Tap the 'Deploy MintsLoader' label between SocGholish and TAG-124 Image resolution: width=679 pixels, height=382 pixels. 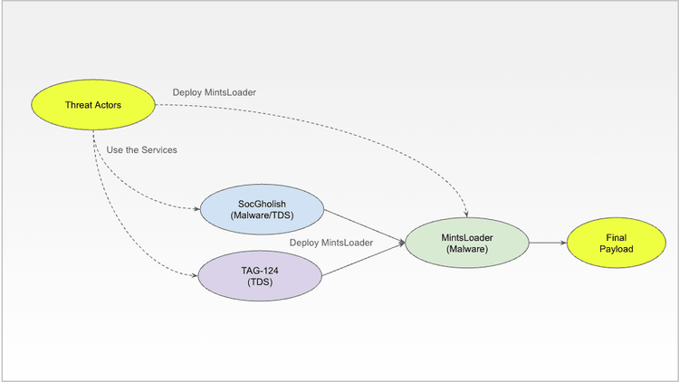[x=330, y=243]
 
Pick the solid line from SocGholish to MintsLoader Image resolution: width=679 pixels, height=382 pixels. [x=362, y=225]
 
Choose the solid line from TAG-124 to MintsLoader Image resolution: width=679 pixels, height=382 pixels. [x=362, y=260]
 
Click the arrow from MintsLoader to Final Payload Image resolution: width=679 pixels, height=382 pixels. [x=548, y=243]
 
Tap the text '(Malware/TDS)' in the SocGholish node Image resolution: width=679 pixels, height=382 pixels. [x=260, y=215]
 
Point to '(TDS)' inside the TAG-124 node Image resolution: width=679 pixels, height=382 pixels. [x=260, y=282]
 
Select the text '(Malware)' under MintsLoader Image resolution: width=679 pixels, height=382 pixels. [x=467, y=249]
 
